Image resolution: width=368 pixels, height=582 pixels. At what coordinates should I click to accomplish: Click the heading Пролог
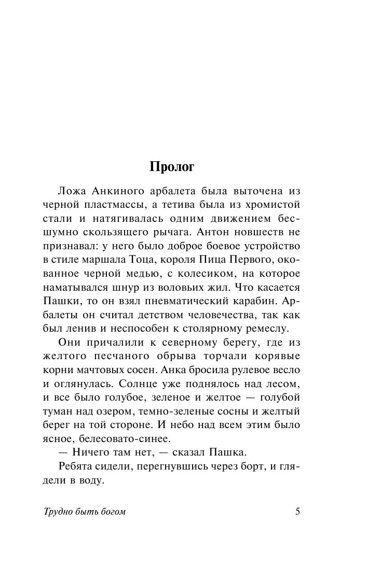coord(172,168)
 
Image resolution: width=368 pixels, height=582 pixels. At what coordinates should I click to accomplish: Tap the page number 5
coord(297,512)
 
